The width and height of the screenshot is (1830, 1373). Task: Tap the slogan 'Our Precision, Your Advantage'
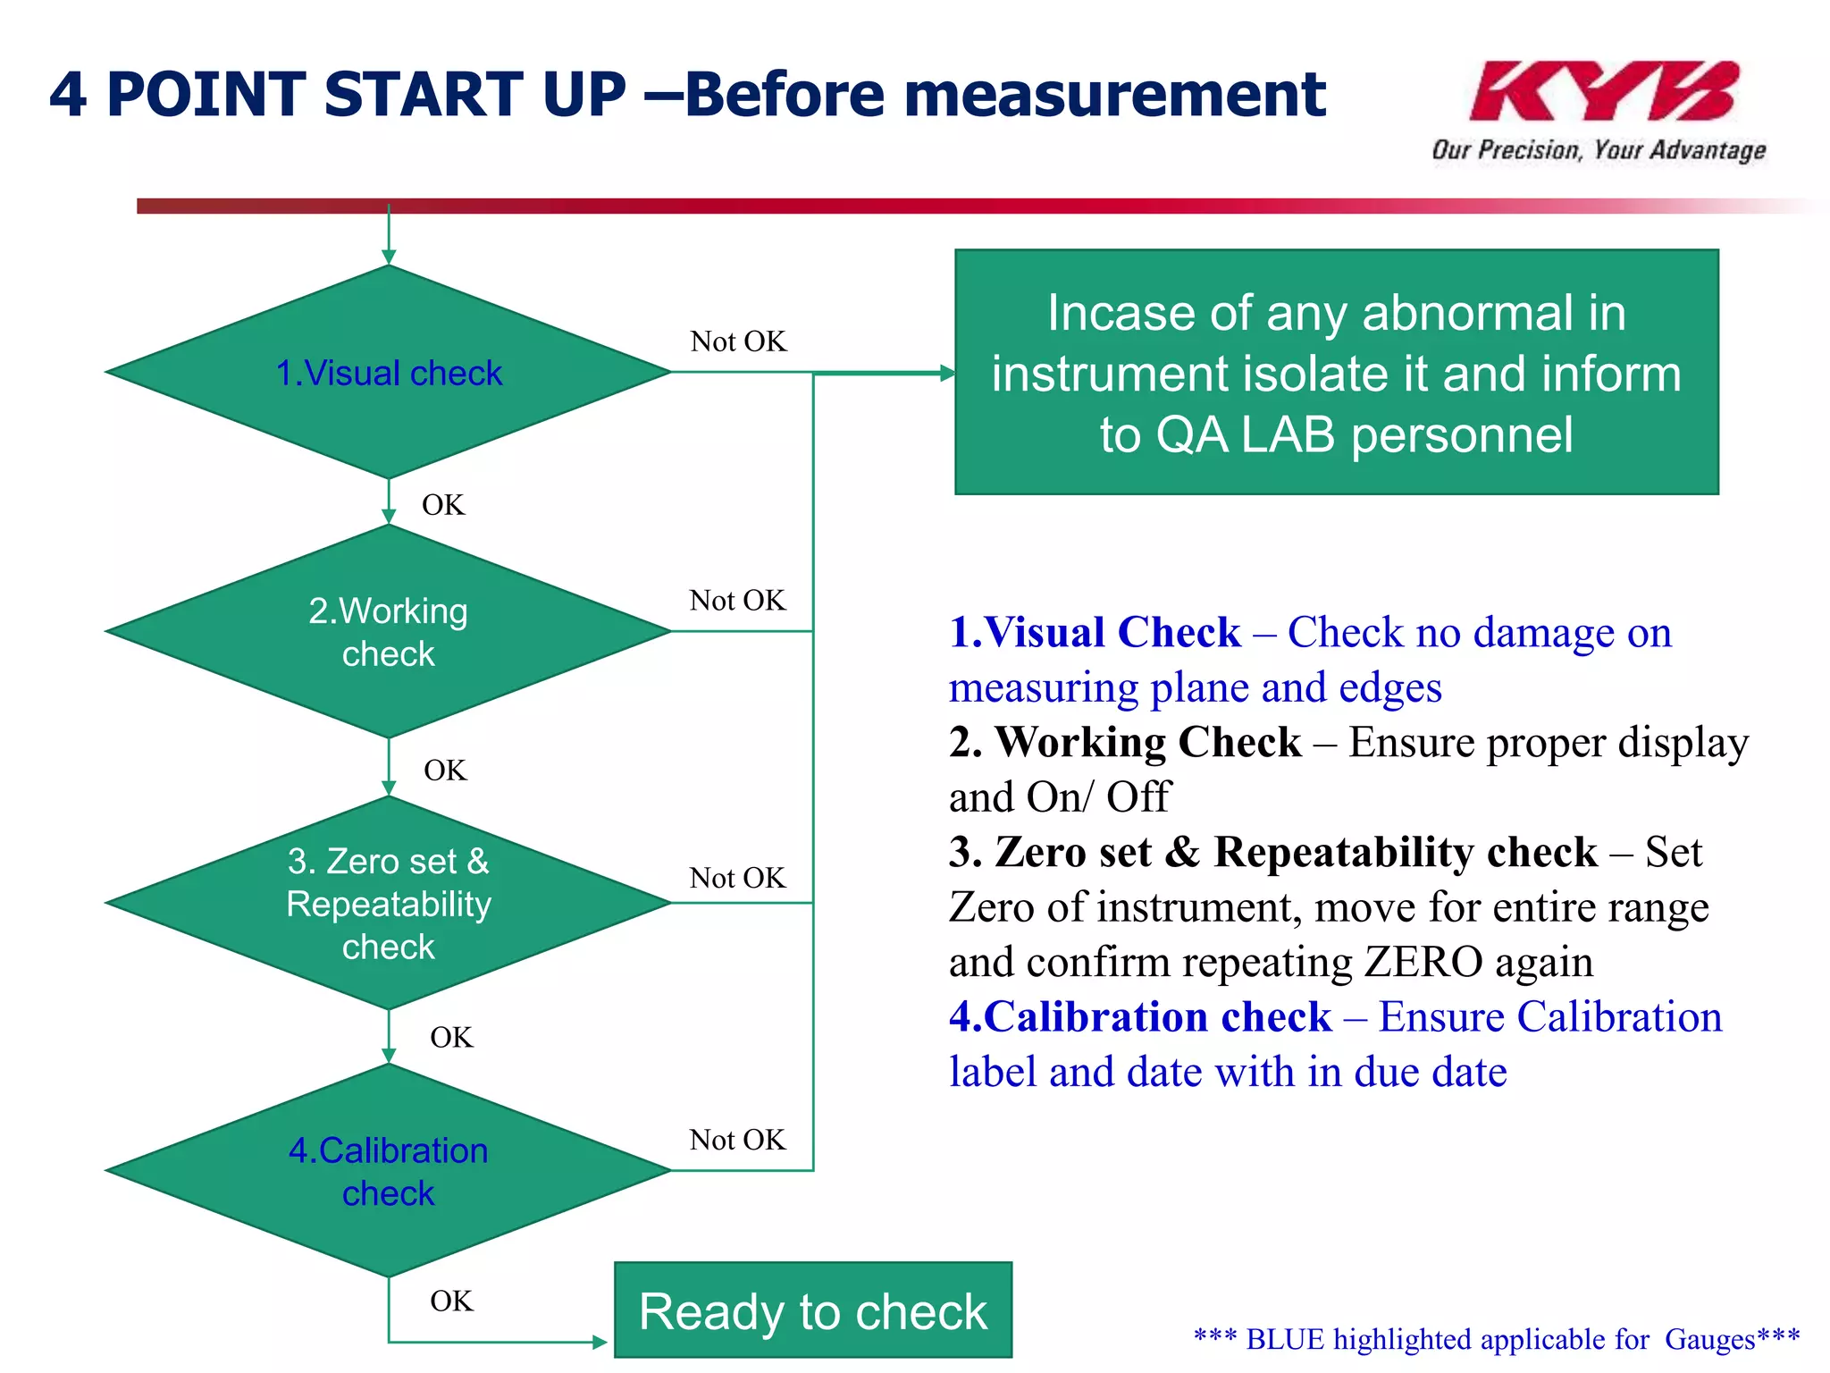[x=1599, y=149]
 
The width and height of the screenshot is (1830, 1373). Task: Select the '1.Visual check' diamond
[x=389, y=373]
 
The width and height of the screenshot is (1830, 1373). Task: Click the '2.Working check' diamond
[x=389, y=632]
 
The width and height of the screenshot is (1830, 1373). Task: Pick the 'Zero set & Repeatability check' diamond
[x=389, y=904]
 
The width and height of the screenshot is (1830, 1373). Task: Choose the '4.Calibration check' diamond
[x=389, y=1171]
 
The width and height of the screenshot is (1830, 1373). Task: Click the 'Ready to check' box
[x=813, y=1310]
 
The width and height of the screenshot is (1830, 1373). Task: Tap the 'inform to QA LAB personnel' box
[x=1337, y=373]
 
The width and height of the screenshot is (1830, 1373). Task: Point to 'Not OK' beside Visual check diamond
[x=738, y=341]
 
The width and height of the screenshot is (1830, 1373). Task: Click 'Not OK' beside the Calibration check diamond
[x=738, y=1140]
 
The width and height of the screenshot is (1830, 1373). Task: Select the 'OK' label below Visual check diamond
[x=443, y=505]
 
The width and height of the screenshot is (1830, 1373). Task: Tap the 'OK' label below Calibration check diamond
[x=451, y=1301]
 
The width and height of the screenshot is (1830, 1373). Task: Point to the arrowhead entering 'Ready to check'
[x=600, y=1342]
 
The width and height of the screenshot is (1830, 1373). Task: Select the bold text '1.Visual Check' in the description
[x=1095, y=633]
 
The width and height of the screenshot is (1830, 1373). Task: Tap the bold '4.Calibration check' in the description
[x=1140, y=1017]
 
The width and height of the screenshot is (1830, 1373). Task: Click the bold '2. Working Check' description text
[x=1125, y=743]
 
